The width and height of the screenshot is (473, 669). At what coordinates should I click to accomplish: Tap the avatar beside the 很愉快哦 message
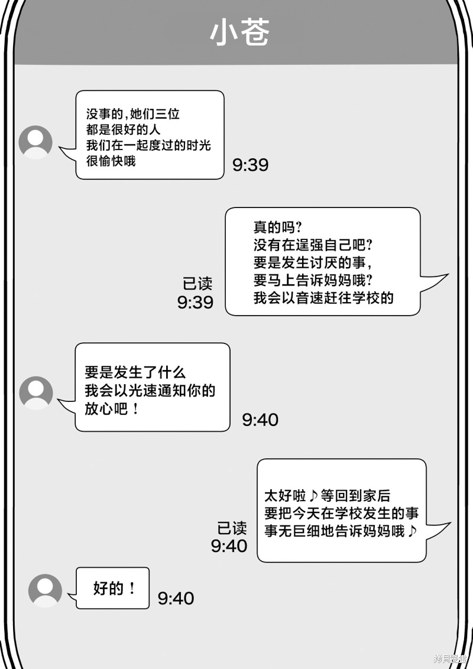(x=35, y=142)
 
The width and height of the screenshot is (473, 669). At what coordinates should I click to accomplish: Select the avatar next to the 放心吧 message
(x=36, y=393)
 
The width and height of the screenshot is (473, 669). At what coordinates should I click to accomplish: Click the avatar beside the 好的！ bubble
(x=45, y=591)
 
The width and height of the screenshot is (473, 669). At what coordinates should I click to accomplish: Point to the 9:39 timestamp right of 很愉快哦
(x=251, y=165)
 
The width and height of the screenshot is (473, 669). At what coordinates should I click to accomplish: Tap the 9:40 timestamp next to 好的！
(x=176, y=598)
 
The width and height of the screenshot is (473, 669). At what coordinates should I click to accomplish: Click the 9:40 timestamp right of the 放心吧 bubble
(x=260, y=420)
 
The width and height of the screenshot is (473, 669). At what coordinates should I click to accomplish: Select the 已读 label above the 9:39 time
(x=197, y=284)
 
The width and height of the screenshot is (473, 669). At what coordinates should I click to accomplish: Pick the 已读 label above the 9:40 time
(x=232, y=528)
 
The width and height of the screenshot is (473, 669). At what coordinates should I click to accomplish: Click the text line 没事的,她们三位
(x=133, y=114)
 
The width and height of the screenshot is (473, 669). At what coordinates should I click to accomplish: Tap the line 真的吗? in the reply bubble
(x=277, y=227)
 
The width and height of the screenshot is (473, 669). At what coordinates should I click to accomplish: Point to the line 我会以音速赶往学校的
(x=323, y=298)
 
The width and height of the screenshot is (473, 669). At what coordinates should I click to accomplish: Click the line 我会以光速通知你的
(x=150, y=391)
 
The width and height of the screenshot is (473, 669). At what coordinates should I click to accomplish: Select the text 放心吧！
(x=112, y=409)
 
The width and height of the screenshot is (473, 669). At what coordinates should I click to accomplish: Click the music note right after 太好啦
(x=313, y=495)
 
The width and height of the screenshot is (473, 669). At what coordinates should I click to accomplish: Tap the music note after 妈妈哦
(x=412, y=531)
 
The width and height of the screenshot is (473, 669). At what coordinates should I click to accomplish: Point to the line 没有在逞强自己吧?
(x=313, y=245)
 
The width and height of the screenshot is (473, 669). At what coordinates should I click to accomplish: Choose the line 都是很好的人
(x=123, y=129)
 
